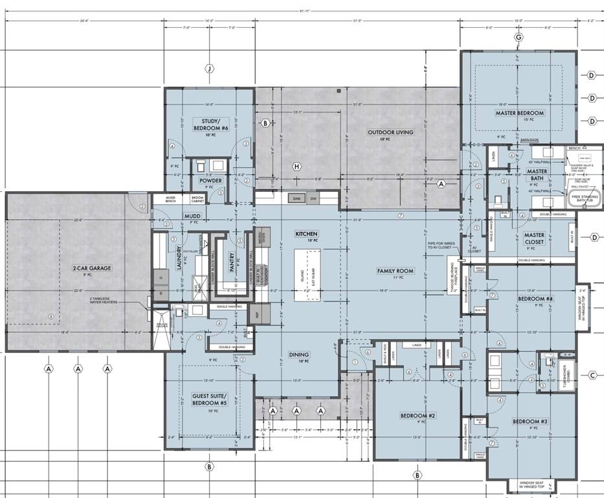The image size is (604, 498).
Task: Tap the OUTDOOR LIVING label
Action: pos(390,132)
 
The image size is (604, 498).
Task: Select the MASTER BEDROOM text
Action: pos(520,113)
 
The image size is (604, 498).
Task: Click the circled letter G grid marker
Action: pos(518,37)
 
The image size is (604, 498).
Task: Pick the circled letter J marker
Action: pos(209,68)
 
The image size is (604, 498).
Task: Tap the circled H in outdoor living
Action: pos(297,167)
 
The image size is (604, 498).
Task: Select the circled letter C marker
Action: pos(592,375)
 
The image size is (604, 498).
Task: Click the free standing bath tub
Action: pos(585,197)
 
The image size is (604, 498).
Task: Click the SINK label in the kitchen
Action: pos(296,198)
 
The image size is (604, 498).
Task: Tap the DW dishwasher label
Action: pos(313,198)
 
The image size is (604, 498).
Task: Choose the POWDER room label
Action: pos(211,181)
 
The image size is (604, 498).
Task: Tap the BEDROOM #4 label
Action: pos(535,299)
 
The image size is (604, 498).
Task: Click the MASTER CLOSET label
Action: pos(535,239)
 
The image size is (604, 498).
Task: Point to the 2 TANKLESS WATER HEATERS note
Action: pos(103,300)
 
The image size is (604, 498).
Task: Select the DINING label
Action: pos(299,355)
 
